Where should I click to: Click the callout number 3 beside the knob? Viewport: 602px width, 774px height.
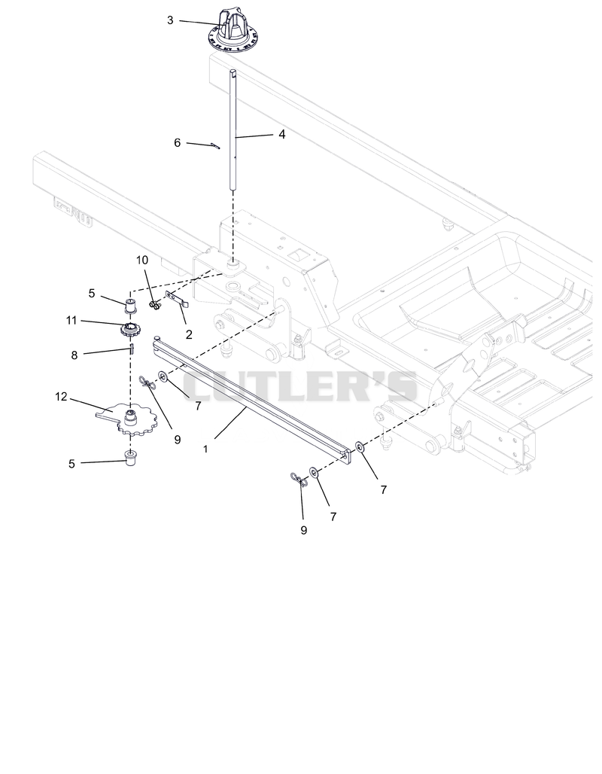pyautogui.click(x=170, y=20)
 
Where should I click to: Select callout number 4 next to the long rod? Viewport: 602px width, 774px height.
pyautogui.click(x=281, y=134)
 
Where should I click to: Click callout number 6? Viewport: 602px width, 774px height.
pyautogui.click(x=177, y=142)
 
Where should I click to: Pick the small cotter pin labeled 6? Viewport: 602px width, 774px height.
pyautogui.click(x=215, y=145)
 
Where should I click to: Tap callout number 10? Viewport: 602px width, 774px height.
pyautogui.click(x=142, y=261)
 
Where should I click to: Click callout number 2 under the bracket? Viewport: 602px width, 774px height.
pyautogui.click(x=189, y=334)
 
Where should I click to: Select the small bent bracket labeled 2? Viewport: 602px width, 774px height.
pyautogui.click(x=177, y=300)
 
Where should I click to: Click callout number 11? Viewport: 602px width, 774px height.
pyautogui.click(x=71, y=320)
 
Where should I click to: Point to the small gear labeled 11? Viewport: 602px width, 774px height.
pyautogui.click(x=130, y=329)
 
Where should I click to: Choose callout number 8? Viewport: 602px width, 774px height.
pyautogui.click(x=74, y=355)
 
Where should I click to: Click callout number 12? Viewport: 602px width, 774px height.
pyautogui.click(x=61, y=396)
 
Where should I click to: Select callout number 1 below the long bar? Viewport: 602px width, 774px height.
pyautogui.click(x=205, y=449)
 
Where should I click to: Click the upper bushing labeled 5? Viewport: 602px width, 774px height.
pyautogui.click(x=131, y=306)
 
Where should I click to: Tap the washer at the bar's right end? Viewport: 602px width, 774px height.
pyautogui.click(x=360, y=447)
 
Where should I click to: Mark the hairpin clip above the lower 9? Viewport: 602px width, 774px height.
pyautogui.click(x=299, y=480)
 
